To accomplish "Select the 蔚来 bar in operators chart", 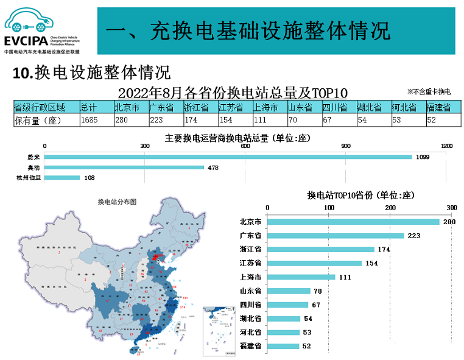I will tap(228, 157).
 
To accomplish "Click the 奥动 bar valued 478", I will tap(124, 168).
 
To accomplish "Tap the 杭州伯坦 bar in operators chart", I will tap(62, 178).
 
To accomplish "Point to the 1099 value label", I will tap(423, 157).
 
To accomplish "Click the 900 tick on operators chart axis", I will tap(345, 146).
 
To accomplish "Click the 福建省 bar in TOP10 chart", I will tap(284, 346).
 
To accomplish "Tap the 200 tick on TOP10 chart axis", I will tap(390, 208).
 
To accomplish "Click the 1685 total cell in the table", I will tap(97, 120).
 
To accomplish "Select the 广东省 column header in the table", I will tap(166, 108).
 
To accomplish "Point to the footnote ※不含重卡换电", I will tap(429, 92).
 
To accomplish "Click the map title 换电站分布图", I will tap(116, 202).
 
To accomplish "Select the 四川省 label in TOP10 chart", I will tap(250, 305).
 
